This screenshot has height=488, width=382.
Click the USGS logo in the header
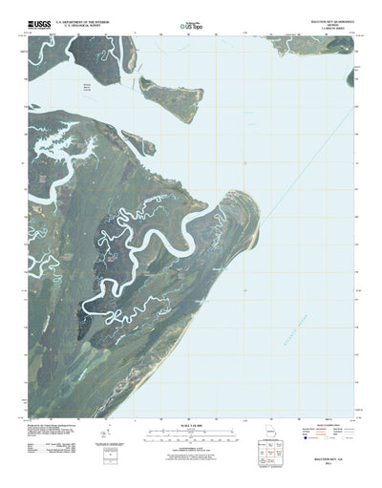coord(41,21)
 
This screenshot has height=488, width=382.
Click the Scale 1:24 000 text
coord(191,425)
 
